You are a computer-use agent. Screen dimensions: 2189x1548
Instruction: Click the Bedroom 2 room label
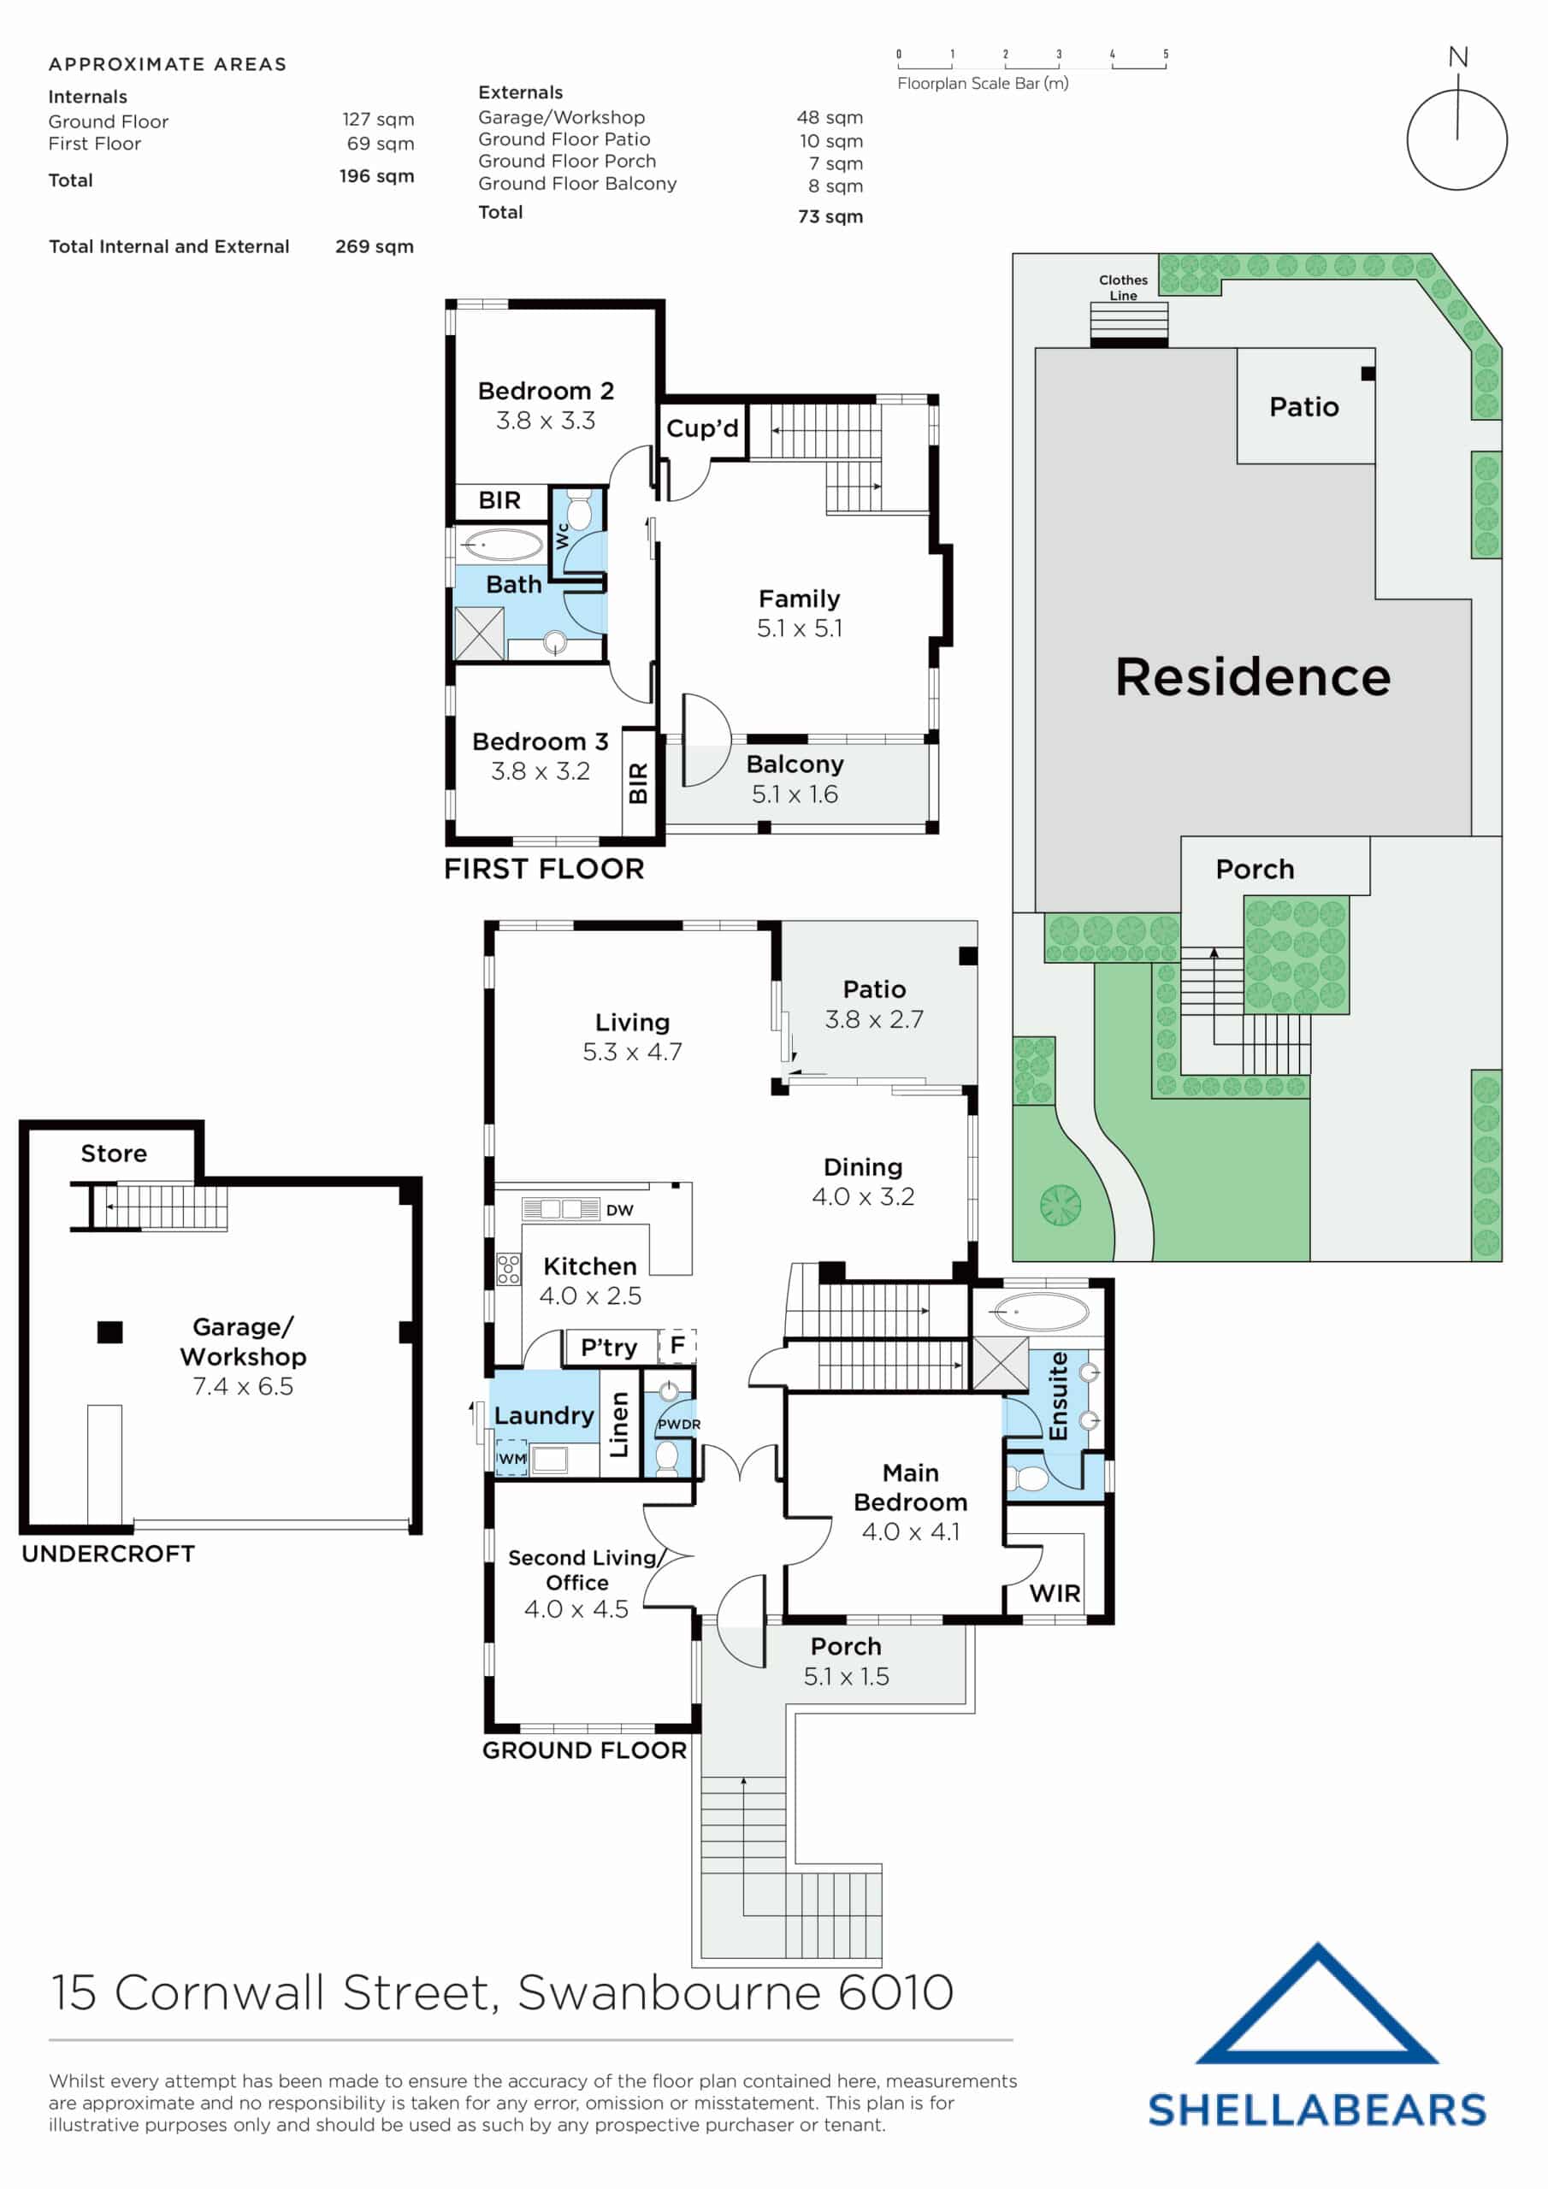(x=545, y=391)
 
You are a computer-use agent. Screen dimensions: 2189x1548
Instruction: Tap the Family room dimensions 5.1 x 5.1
(x=800, y=628)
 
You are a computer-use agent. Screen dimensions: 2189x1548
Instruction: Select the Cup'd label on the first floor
(x=702, y=428)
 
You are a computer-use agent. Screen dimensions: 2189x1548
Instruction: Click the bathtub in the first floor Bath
(x=502, y=546)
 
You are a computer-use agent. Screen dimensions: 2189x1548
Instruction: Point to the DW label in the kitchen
(x=619, y=1211)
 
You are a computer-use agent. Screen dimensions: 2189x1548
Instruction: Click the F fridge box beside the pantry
(x=677, y=1345)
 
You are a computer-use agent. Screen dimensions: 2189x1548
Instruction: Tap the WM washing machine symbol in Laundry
(x=511, y=1459)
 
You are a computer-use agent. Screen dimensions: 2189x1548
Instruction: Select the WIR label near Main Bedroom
(x=1054, y=1593)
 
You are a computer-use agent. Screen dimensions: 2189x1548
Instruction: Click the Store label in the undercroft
(x=114, y=1154)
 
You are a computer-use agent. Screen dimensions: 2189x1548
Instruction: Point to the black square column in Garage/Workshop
(x=109, y=1332)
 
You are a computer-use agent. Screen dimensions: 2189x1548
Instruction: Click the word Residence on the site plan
(x=1252, y=677)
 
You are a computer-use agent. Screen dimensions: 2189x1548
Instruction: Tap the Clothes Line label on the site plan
(x=1123, y=287)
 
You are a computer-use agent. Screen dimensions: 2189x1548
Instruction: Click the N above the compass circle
(x=1457, y=57)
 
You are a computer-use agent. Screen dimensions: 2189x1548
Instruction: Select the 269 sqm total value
(x=374, y=246)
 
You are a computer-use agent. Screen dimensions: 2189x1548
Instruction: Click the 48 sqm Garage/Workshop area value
(x=829, y=117)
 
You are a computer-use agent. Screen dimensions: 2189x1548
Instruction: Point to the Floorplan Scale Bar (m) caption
(x=983, y=83)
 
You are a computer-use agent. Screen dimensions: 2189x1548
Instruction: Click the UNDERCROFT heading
(x=108, y=1554)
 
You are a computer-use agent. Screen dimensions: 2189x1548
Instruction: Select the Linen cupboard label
(x=620, y=1425)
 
